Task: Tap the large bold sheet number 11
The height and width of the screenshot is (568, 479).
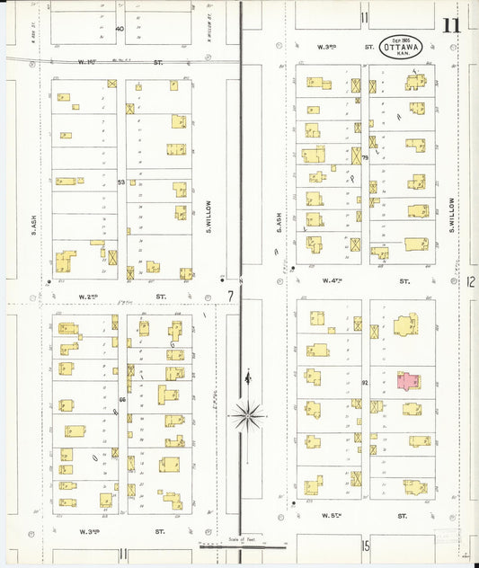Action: coord(450,24)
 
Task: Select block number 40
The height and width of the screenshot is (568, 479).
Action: coord(120,29)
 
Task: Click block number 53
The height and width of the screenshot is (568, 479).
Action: coord(121,182)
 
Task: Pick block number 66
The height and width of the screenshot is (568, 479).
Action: coord(121,397)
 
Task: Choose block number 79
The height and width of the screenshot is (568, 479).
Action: coord(366,158)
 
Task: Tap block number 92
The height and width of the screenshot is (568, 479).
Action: coord(366,383)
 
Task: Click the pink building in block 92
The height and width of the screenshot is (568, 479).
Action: coord(408,381)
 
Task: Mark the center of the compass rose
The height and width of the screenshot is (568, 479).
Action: coord(249,415)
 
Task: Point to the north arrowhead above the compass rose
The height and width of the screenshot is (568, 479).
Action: coord(249,376)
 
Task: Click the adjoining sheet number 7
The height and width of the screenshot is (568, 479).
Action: coord(230,296)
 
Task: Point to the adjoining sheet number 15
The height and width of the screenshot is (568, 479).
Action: coord(366,546)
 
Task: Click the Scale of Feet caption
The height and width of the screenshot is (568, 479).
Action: coord(240,539)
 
